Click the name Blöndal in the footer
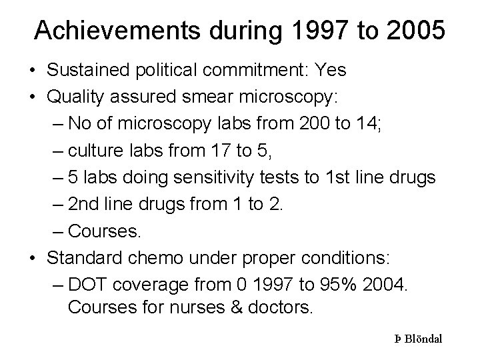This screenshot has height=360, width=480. (x=424, y=339)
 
